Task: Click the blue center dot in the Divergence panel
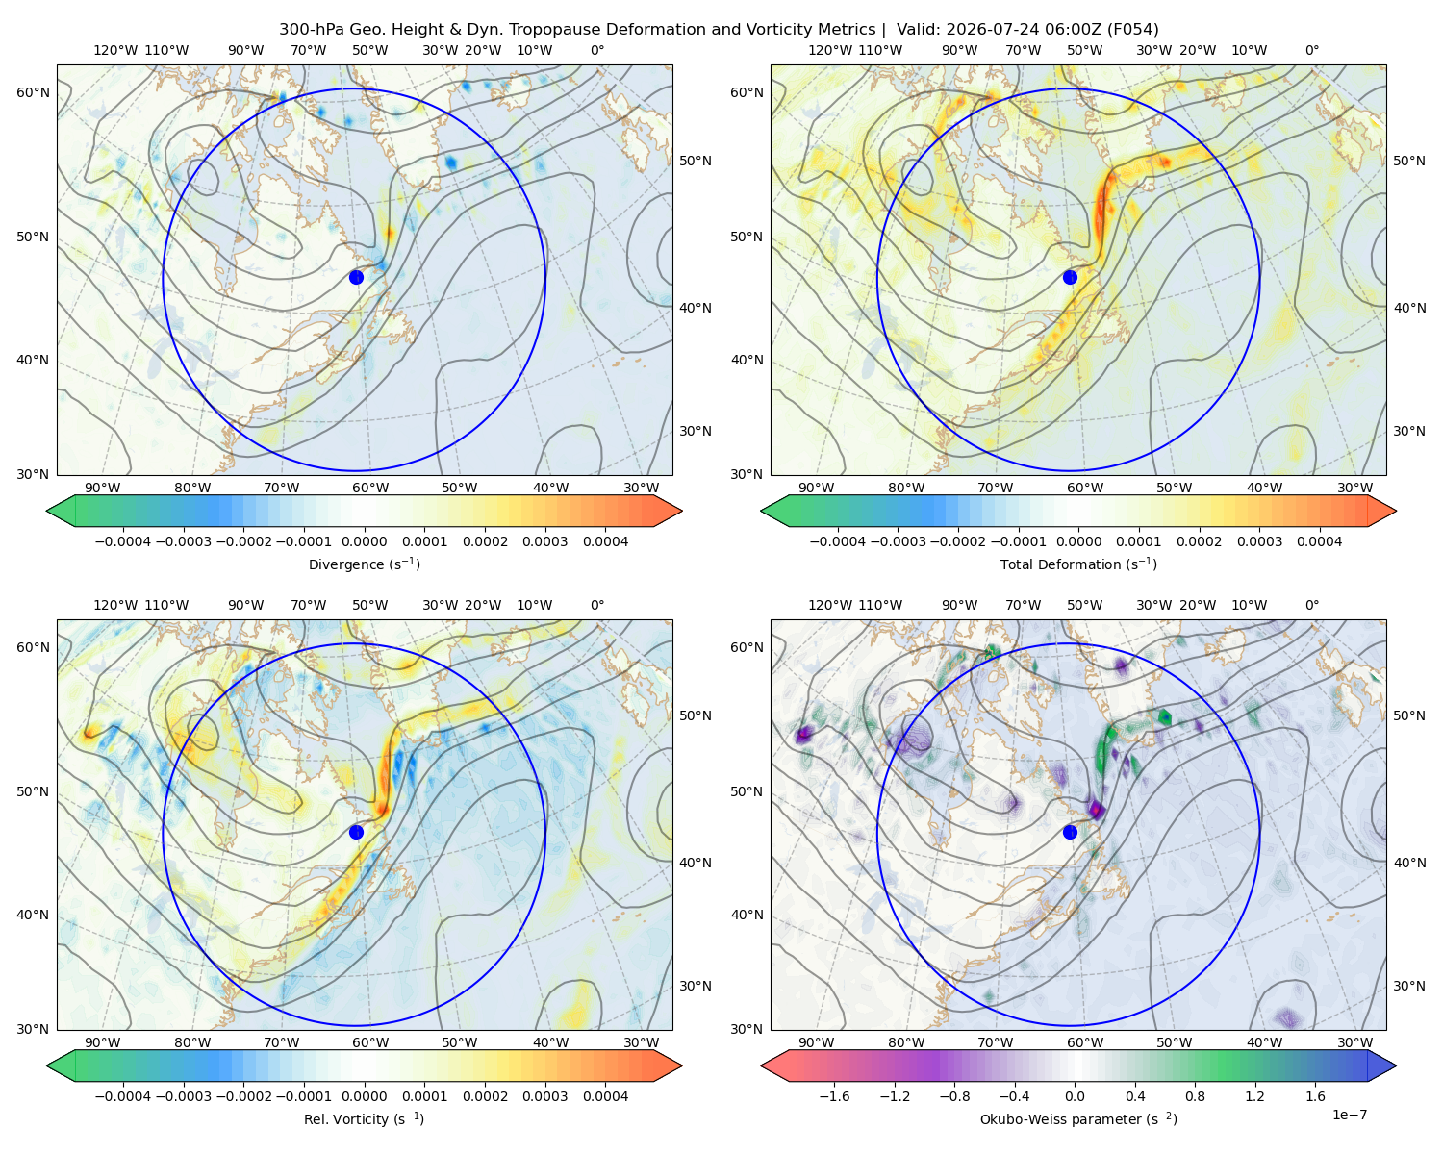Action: [356, 277]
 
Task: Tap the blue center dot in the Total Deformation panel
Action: [1070, 277]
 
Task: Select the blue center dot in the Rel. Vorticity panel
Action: [356, 832]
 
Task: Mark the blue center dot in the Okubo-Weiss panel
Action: [1070, 832]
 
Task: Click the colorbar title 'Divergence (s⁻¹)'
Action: [364, 564]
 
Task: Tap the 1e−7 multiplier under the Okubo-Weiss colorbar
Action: [1349, 1115]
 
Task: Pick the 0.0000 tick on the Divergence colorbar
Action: [364, 541]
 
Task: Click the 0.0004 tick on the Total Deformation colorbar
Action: [1319, 541]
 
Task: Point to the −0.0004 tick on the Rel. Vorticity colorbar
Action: [123, 1096]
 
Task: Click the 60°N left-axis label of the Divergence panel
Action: [33, 92]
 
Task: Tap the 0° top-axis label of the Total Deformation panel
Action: [1312, 50]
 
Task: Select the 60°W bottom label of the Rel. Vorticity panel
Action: [370, 1042]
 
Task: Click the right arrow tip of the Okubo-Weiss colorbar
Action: [1396, 1066]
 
